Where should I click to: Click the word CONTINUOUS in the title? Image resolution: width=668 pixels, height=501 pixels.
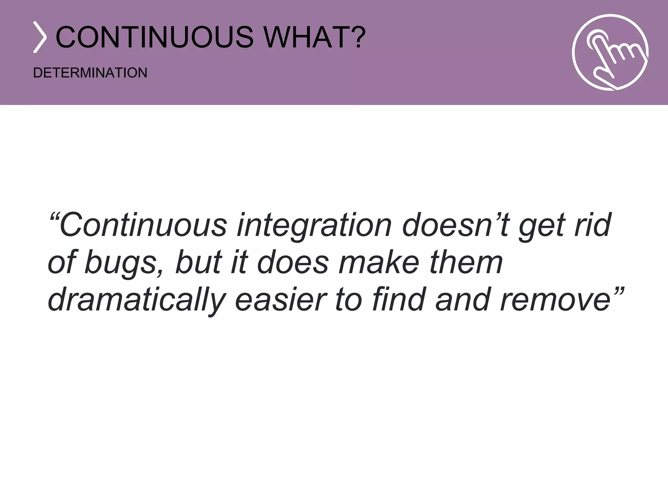[154, 37]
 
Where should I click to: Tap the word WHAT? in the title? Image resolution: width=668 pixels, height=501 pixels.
[315, 37]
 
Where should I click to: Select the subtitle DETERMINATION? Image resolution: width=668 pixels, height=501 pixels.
[90, 73]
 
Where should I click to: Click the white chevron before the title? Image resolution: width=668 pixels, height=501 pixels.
[40, 37]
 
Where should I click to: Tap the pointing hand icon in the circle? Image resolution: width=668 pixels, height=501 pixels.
[610, 52]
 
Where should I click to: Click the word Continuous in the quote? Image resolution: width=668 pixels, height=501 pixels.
[143, 225]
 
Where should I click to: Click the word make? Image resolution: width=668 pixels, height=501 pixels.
[379, 262]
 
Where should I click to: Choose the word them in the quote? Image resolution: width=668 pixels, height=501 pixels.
[466, 262]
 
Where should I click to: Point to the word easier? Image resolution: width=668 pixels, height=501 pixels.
[281, 299]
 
